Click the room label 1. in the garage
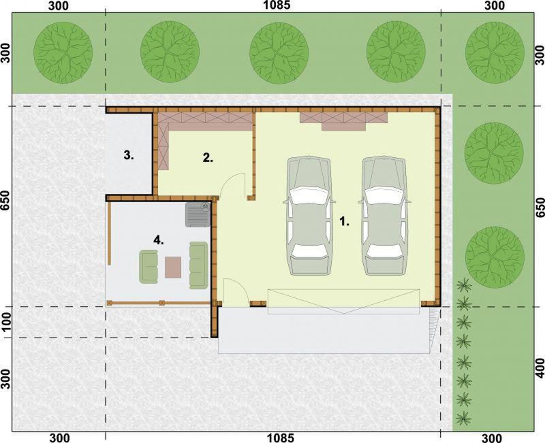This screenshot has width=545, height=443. (x=344, y=221)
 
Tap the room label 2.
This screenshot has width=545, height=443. (x=208, y=158)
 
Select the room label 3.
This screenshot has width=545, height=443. (x=129, y=155)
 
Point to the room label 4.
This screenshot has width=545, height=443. (x=159, y=240)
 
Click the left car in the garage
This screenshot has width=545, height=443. (x=309, y=216)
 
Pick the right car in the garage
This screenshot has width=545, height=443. (x=384, y=216)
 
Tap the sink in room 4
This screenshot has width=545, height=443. (x=198, y=214)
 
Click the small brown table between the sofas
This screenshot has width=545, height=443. (x=173, y=267)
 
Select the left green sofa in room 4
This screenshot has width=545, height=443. (x=149, y=267)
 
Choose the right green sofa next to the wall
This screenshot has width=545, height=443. (x=198, y=265)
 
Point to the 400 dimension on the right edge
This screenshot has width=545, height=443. (x=540, y=368)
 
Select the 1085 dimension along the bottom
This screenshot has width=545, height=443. (x=280, y=438)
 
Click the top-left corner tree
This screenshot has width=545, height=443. (x=63, y=52)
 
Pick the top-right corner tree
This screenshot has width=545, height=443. (x=495, y=52)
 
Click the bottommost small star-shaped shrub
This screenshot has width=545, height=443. (x=464, y=418)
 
